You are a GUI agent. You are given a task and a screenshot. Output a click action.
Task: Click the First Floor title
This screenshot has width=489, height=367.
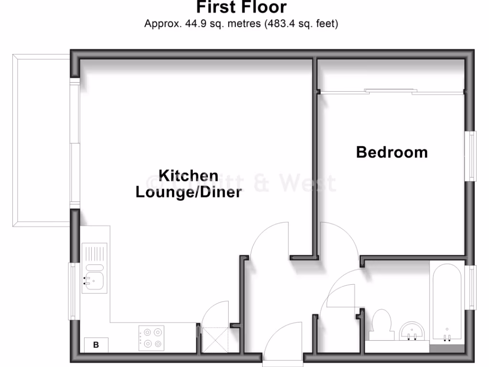pyautogui.click(x=241, y=7)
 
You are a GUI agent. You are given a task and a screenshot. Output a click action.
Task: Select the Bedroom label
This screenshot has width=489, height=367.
pyautogui.click(x=392, y=152)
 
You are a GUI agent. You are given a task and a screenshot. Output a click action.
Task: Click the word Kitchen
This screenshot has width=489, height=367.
pyautogui.click(x=188, y=175)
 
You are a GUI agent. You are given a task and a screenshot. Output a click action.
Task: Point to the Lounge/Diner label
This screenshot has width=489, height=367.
pyautogui.click(x=188, y=193)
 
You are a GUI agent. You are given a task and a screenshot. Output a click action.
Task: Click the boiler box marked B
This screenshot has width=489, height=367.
pyautogui.click(x=96, y=345)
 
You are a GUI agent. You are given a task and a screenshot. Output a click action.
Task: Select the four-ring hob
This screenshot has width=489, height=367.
pyautogui.click(x=151, y=338)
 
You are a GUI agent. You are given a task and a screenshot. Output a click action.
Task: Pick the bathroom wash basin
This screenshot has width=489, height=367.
pyautogui.click(x=412, y=331)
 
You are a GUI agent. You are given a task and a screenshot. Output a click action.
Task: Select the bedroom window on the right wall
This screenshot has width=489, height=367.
pyautogui.click(x=472, y=156)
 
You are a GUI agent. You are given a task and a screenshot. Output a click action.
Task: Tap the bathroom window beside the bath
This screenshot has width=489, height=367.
pyautogui.click(x=472, y=288)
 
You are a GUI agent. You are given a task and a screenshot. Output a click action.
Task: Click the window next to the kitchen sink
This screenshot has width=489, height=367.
pyautogui.click(x=73, y=291)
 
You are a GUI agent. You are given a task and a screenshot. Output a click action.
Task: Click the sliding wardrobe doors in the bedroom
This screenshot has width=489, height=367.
pyautogui.click(x=391, y=91)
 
